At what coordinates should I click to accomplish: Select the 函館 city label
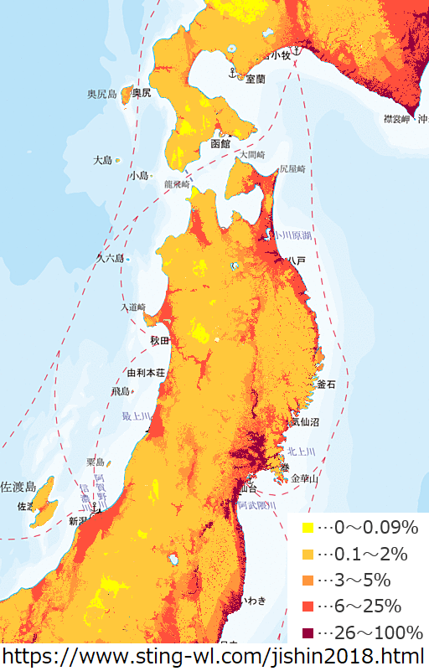tap(220, 143)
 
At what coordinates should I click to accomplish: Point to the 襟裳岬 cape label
tap(395, 120)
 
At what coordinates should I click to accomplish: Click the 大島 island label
tap(102, 159)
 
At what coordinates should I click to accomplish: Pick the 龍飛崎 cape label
tap(178, 183)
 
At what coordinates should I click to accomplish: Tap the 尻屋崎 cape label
tap(292, 168)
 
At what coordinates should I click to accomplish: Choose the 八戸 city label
tap(296, 261)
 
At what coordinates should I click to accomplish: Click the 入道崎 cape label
tap(132, 307)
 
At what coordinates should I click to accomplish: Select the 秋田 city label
tap(159, 341)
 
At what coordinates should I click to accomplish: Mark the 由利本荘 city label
tap(145, 372)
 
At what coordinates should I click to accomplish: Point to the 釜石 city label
tap(326, 384)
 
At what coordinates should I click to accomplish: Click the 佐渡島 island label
tap(18, 487)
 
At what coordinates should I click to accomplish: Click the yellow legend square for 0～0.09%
tap(308, 528)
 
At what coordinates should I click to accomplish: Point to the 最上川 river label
tap(134, 416)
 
